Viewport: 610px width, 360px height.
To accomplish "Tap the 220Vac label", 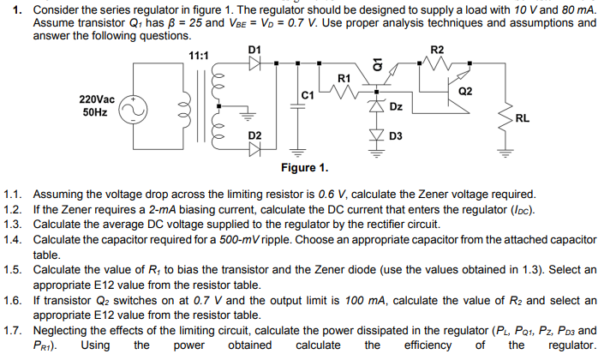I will (98, 99).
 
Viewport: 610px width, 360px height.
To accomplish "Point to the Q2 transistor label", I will (466, 91).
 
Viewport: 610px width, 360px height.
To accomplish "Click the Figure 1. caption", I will (304, 167).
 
